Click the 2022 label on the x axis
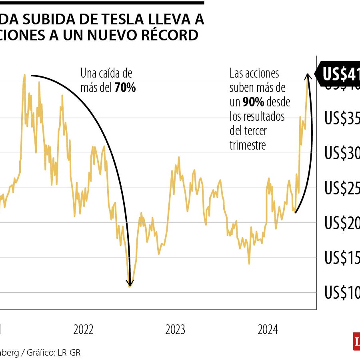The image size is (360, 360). click(83, 330)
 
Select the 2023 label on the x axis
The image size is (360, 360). click(175, 330)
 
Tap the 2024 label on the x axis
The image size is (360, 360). click(268, 330)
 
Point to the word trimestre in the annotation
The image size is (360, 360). click(248, 145)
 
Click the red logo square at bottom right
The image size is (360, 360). click(356, 341)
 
